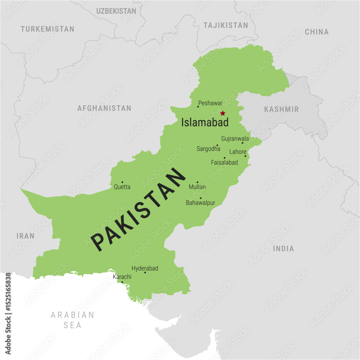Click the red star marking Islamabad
click(x=223, y=113)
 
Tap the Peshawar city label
click(x=211, y=103)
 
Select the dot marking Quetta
click(x=122, y=182)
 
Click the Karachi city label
click(x=122, y=277)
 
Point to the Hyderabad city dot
click(x=145, y=273)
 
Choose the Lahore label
click(x=238, y=152)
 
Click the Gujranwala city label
click(x=235, y=139)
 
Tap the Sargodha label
click(x=208, y=148)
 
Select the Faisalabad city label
click(x=224, y=162)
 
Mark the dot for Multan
click(x=197, y=182)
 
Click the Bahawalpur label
click(x=201, y=203)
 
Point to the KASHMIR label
click(x=282, y=109)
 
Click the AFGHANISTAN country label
click(x=104, y=108)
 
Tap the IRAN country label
click(x=26, y=236)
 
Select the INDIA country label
click(x=283, y=248)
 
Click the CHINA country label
click(x=317, y=32)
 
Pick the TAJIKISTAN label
click(x=226, y=25)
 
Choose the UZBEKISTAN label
click(x=116, y=11)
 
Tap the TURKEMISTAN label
click(x=48, y=29)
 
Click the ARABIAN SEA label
click(x=72, y=320)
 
